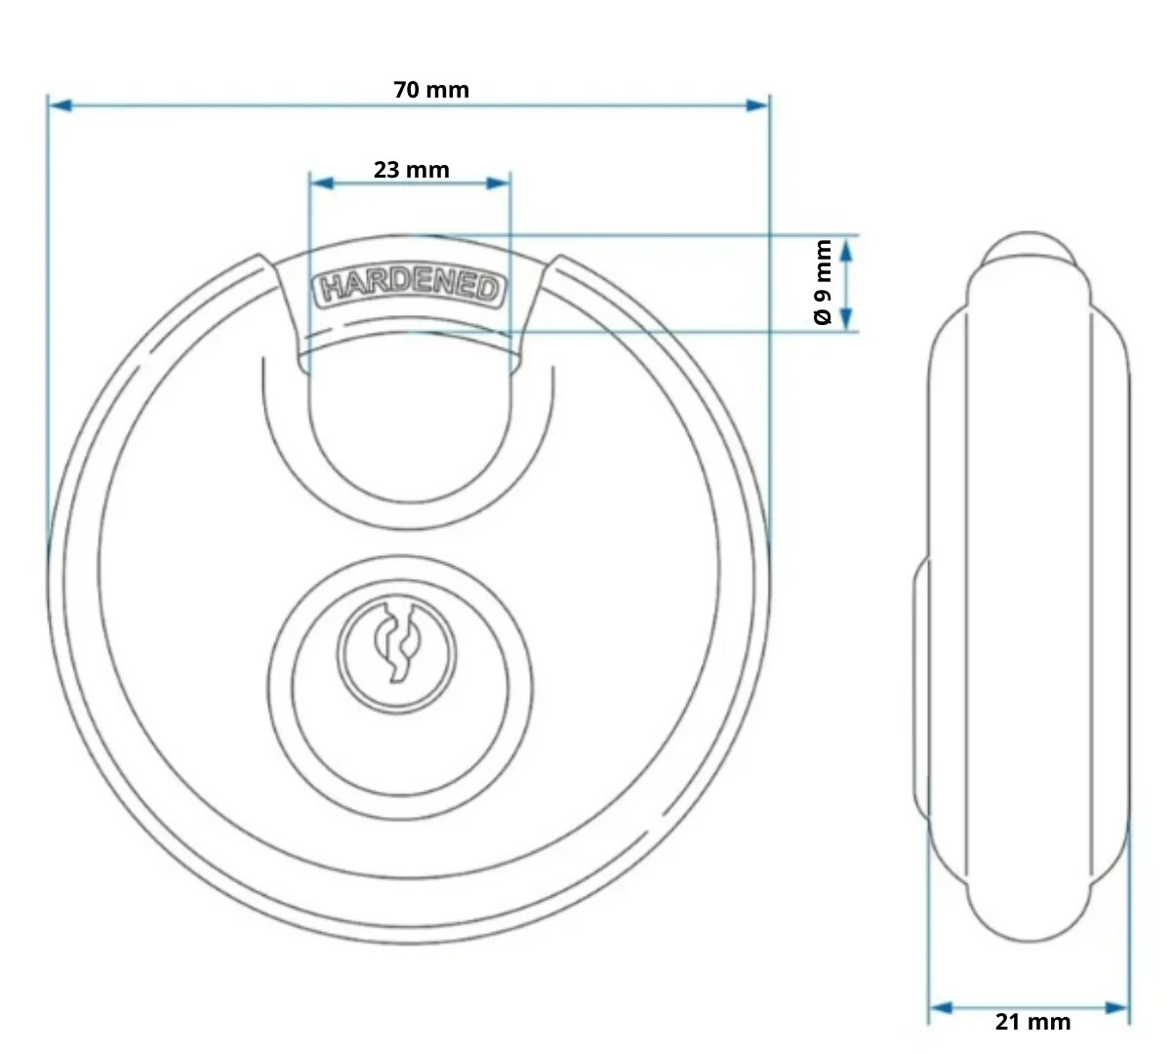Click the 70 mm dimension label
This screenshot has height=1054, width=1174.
click(431, 90)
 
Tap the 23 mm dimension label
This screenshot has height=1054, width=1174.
click(412, 170)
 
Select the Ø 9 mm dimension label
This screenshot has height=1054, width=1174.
click(823, 282)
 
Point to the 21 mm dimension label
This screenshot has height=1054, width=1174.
click(1032, 1022)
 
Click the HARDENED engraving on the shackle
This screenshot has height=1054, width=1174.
click(410, 287)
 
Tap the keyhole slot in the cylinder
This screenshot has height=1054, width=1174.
click(396, 642)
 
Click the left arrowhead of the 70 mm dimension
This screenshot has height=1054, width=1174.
click(61, 105)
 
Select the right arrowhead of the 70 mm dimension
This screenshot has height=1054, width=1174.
click(756, 105)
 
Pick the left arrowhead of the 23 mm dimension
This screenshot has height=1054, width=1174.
click(322, 183)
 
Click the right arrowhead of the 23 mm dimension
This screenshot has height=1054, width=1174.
click(498, 183)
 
